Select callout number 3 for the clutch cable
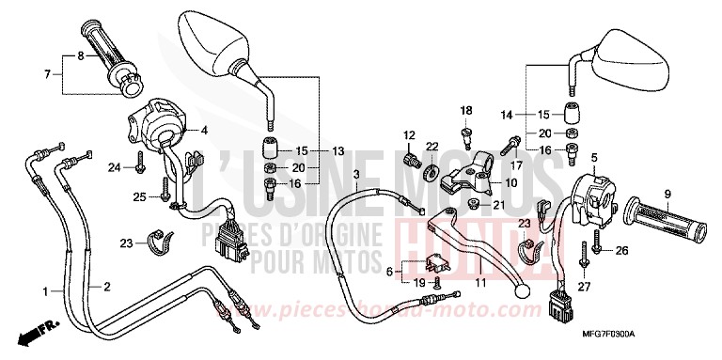[331, 175]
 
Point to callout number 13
[338, 151]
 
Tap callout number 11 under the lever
[481, 281]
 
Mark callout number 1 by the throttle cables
[43, 292]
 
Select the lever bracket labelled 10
[468, 170]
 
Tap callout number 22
[432, 147]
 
